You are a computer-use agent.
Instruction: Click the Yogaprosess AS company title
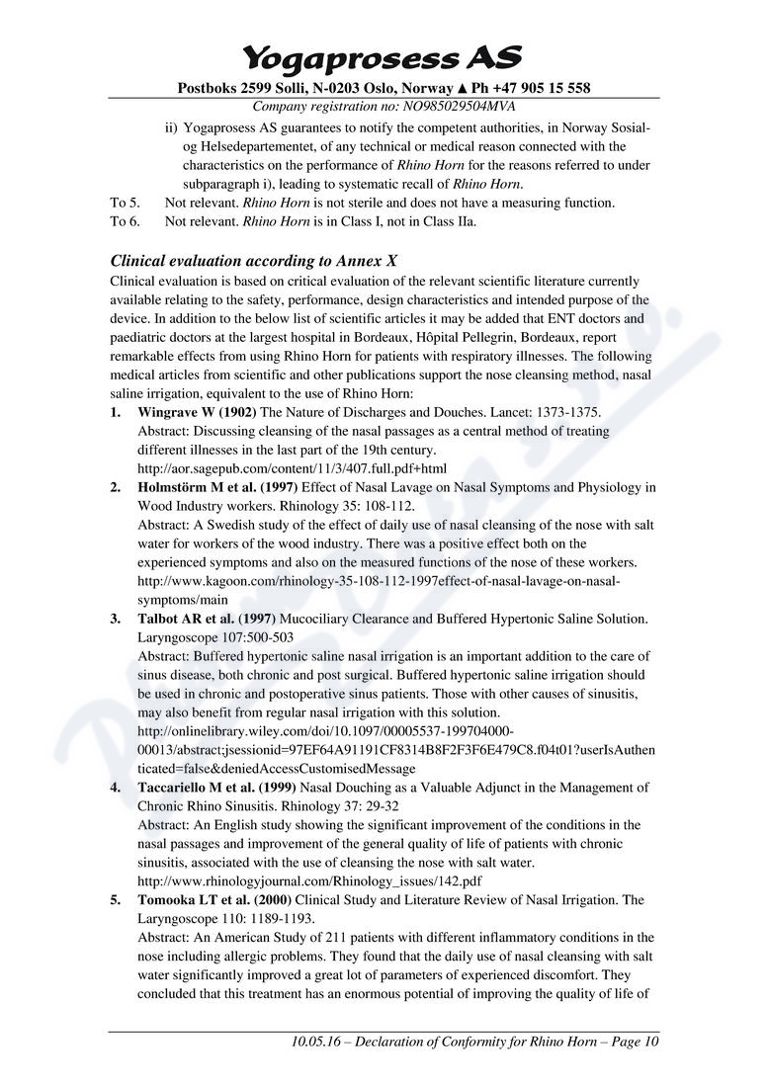pos(383,56)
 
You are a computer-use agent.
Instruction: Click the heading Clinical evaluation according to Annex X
pos(254,261)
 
